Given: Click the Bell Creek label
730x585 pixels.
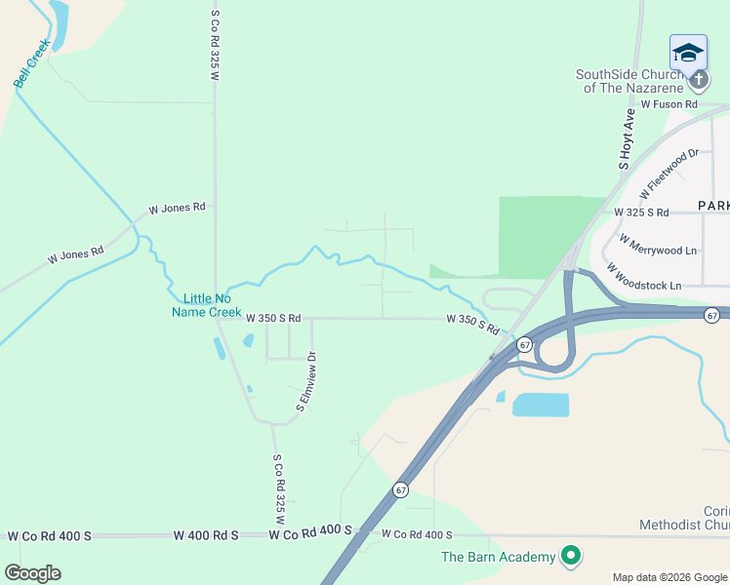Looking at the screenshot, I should pyautogui.click(x=31, y=63).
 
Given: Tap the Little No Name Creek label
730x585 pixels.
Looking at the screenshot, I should pyautogui.click(x=206, y=305).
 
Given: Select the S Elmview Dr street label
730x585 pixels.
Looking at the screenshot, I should pyautogui.click(x=306, y=383).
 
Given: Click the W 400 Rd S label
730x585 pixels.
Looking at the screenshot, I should pyautogui.click(x=206, y=535).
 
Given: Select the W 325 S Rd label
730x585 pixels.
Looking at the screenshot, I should pyautogui.click(x=641, y=212).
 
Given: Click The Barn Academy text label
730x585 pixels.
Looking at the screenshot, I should pyautogui.click(x=498, y=558).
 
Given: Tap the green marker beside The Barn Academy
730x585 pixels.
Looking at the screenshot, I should pyautogui.click(x=571, y=557).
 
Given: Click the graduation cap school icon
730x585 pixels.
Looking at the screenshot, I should pyautogui.click(x=688, y=53).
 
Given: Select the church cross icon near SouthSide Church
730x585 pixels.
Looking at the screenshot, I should pyautogui.click(x=698, y=80).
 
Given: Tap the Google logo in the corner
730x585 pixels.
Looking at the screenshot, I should pyautogui.click(x=32, y=573).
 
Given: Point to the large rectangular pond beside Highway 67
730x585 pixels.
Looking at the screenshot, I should pyautogui.click(x=540, y=405).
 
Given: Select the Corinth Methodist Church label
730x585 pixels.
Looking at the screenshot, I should pyautogui.click(x=685, y=518).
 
